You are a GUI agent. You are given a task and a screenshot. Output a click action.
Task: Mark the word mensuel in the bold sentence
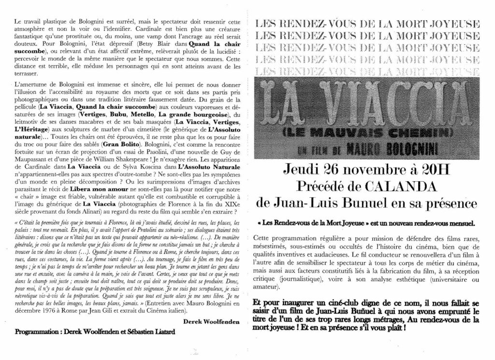461,223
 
